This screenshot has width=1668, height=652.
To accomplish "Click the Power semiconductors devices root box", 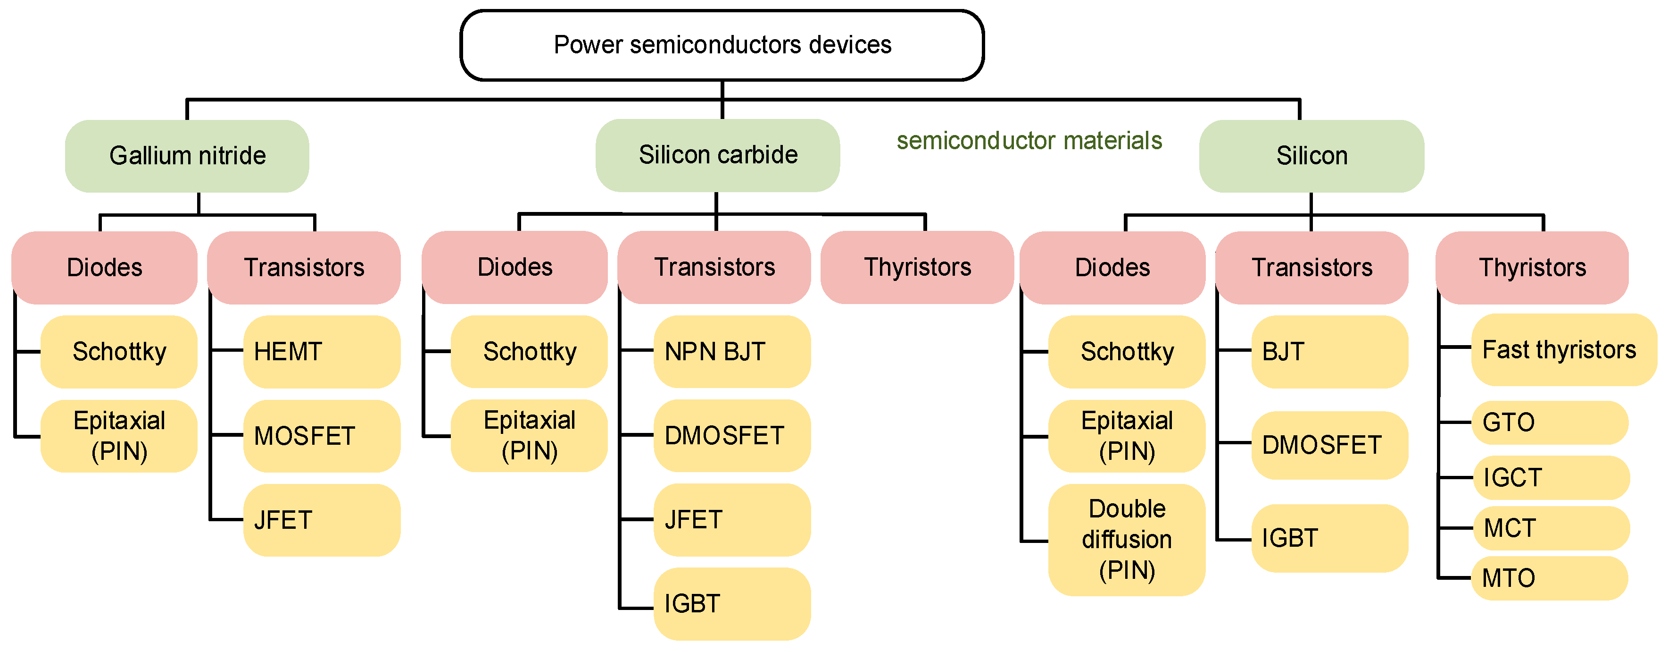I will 722,45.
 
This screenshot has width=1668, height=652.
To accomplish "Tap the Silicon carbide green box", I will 717,155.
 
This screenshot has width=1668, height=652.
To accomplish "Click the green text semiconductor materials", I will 1029,141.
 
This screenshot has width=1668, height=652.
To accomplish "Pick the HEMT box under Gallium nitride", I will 321,352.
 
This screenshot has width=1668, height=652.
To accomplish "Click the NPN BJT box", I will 732,352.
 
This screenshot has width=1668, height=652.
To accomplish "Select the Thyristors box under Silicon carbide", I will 917,268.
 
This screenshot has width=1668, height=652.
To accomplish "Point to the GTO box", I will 1550,423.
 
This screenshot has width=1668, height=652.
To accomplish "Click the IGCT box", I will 1551,478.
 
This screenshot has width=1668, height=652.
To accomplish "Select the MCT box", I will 1551,528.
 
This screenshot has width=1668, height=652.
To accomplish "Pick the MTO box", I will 1550,578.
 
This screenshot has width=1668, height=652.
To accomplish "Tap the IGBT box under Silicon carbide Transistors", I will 732,604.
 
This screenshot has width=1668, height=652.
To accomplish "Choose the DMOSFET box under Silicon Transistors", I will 1329,445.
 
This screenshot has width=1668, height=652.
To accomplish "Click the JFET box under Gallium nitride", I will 321,520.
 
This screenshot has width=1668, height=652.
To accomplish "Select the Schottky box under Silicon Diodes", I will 1127,352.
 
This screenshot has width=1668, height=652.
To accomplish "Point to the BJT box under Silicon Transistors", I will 1329,352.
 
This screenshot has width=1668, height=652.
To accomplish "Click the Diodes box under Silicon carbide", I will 515,268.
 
